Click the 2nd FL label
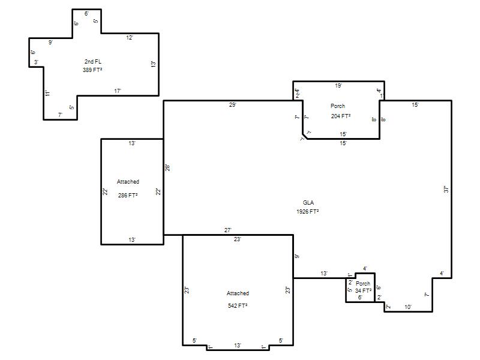click(93, 62)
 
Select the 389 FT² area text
click(92, 70)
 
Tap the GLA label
click(308, 203)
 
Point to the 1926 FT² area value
click(308, 212)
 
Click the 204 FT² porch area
click(340, 116)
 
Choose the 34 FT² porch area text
click(364, 290)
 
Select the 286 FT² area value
click(128, 196)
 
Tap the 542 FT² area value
click(238, 305)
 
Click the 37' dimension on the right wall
click(446, 189)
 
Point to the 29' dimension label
click(232, 104)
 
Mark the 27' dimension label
click(228, 230)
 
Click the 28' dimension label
click(167, 168)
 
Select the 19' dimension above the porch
click(338, 85)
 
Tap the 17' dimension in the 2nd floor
click(118, 91)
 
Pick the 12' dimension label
click(130, 38)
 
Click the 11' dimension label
click(47, 93)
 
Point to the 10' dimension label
click(408, 307)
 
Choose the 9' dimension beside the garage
click(297, 256)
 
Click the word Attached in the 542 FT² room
click(238, 293)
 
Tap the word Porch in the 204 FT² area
click(338, 106)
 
